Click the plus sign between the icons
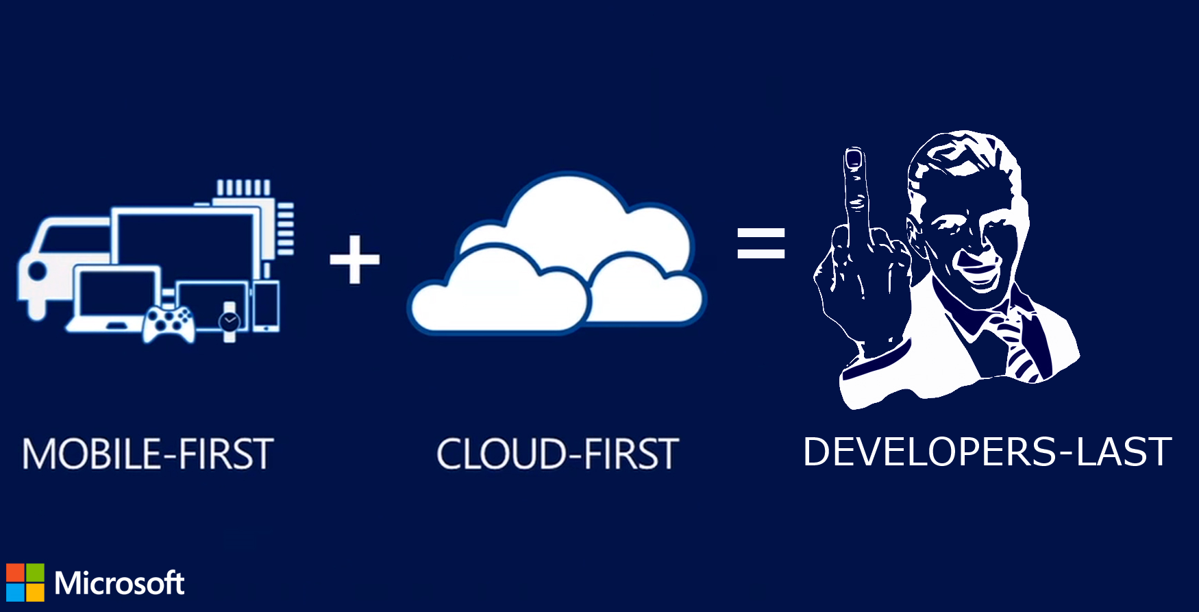pyautogui.click(x=354, y=259)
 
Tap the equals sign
pyautogui.click(x=761, y=243)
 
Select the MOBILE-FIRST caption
pyautogui.click(x=148, y=454)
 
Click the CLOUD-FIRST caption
pyautogui.click(x=558, y=454)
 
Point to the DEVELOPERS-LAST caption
pyautogui.click(x=987, y=452)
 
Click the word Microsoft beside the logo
pyautogui.click(x=119, y=583)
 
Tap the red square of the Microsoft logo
pyautogui.click(x=15, y=573)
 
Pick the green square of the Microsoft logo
pyautogui.click(x=35, y=573)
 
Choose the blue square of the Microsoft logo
pyautogui.click(x=15, y=592)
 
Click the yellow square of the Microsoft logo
pyautogui.click(x=35, y=592)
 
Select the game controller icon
pyautogui.click(x=169, y=323)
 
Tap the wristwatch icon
pyautogui.click(x=230, y=321)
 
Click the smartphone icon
pyautogui.click(x=266, y=305)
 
